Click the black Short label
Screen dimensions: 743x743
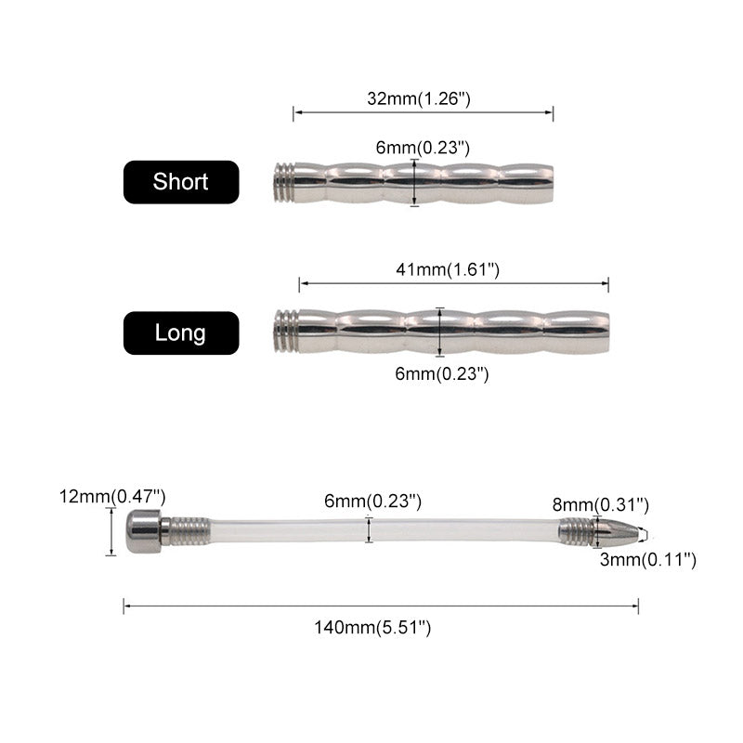point(181,182)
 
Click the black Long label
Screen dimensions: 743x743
point(181,332)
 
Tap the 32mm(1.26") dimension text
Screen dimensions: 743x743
point(419,98)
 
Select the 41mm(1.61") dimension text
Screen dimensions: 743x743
point(448,269)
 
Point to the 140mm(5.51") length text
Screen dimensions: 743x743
point(373,628)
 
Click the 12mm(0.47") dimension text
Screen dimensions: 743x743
point(112,497)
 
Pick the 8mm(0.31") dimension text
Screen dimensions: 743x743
point(600,504)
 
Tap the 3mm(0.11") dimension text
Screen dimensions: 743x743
point(648,560)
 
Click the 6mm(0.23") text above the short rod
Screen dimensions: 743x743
point(423,148)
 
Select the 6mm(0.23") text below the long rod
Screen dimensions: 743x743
point(442,374)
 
